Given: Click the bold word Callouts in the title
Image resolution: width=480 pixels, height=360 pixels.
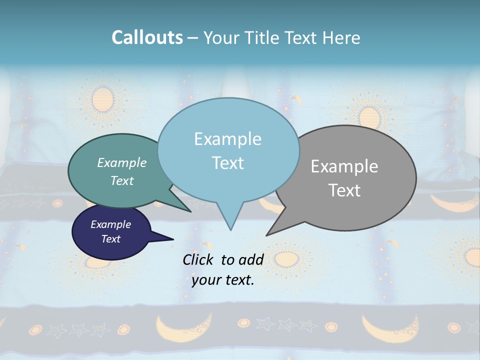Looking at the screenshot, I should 147,37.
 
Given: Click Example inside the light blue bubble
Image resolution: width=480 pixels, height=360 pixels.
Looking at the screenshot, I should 227,139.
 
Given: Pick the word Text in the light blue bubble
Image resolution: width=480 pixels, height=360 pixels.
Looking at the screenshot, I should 227,163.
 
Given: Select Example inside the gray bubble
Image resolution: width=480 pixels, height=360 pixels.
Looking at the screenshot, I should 344,166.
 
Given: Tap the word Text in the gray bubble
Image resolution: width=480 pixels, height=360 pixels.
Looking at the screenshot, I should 344,190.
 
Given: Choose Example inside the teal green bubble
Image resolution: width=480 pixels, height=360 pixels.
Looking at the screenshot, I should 122,162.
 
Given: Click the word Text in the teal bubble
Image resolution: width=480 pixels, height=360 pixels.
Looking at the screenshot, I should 122,180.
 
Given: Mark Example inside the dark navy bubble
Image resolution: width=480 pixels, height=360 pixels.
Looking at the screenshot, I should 110,224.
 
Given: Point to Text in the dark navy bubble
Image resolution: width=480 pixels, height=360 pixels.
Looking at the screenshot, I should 110,239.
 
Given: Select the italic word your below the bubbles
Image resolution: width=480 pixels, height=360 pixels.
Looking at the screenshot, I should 206,280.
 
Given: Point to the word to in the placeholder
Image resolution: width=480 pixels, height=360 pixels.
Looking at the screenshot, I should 227,259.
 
